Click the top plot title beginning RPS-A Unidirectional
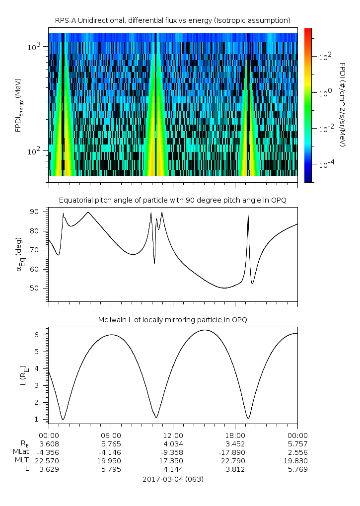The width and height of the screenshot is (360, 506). pyautogui.click(x=172, y=20)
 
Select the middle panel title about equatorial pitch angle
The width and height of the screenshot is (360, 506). pyautogui.click(x=172, y=200)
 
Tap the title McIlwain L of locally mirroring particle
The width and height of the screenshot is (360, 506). pyautogui.click(x=172, y=320)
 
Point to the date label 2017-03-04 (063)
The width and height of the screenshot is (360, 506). pyautogui.click(x=172, y=479)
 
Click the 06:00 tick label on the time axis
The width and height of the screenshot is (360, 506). pyautogui.click(x=110, y=435)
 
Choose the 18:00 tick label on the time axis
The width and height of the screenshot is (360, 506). pyautogui.click(x=235, y=435)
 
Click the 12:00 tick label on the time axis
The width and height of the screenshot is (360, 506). pyautogui.click(x=172, y=435)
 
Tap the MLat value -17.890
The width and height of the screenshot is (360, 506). pyautogui.click(x=235, y=452)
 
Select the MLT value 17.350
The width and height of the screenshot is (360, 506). pyautogui.click(x=172, y=460)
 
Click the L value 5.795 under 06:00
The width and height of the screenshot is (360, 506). pyautogui.click(x=110, y=469)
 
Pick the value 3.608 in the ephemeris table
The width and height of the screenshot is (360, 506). pyautogui.click(x=49, y=443)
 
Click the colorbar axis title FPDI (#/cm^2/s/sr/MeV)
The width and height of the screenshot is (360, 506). pyautogui.click(x=342, y=105)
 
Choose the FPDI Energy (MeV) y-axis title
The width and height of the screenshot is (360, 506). pyautogui.click(x=19, y=105)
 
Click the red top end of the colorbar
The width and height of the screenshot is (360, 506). pyautogui.click(x=308, y=31)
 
